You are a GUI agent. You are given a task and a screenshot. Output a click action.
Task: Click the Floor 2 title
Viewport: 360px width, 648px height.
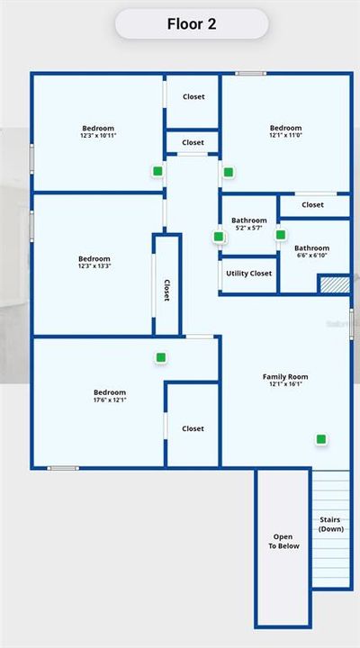coord(192,24)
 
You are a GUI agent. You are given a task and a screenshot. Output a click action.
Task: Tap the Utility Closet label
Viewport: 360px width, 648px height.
coord(248,274)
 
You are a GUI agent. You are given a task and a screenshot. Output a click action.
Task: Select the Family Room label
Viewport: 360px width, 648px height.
coord(285,376)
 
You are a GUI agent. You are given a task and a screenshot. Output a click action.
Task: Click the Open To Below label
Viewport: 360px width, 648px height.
coord(283,542)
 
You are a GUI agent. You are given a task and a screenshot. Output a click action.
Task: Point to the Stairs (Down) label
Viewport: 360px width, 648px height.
coord(331,524)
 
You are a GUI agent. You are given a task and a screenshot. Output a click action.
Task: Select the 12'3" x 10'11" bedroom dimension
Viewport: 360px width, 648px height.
coord(98,136)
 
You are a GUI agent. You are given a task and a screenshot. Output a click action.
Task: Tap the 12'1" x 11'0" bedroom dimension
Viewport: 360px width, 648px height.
coord(286,136)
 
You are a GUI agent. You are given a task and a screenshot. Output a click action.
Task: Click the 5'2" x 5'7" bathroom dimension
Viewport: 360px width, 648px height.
coord(248,229)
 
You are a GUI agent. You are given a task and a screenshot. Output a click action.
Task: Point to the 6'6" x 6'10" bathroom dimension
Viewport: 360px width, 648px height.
coord(311,256)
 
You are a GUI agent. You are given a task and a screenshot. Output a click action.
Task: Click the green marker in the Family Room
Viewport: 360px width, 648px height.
coord(321,439)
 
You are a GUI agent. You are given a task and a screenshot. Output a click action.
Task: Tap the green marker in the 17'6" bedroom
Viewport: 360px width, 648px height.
coord(161,357)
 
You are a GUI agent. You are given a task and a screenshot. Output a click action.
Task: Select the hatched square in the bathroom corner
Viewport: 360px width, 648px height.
coord(333,283)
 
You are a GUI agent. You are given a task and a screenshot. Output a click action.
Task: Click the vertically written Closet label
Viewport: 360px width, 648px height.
coord(166,290)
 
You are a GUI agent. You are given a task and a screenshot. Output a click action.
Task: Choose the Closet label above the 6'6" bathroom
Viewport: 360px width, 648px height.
coord(312,205)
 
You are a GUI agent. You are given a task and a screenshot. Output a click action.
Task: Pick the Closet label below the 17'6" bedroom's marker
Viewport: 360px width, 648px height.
coord(193,428)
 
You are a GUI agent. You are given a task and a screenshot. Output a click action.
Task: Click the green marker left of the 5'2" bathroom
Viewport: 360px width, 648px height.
coord(219,237)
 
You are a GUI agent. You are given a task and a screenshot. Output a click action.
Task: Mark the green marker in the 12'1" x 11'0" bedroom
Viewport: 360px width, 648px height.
coord(229,172)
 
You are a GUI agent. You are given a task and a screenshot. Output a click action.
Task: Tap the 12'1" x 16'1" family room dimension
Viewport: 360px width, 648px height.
coord(285,384)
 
